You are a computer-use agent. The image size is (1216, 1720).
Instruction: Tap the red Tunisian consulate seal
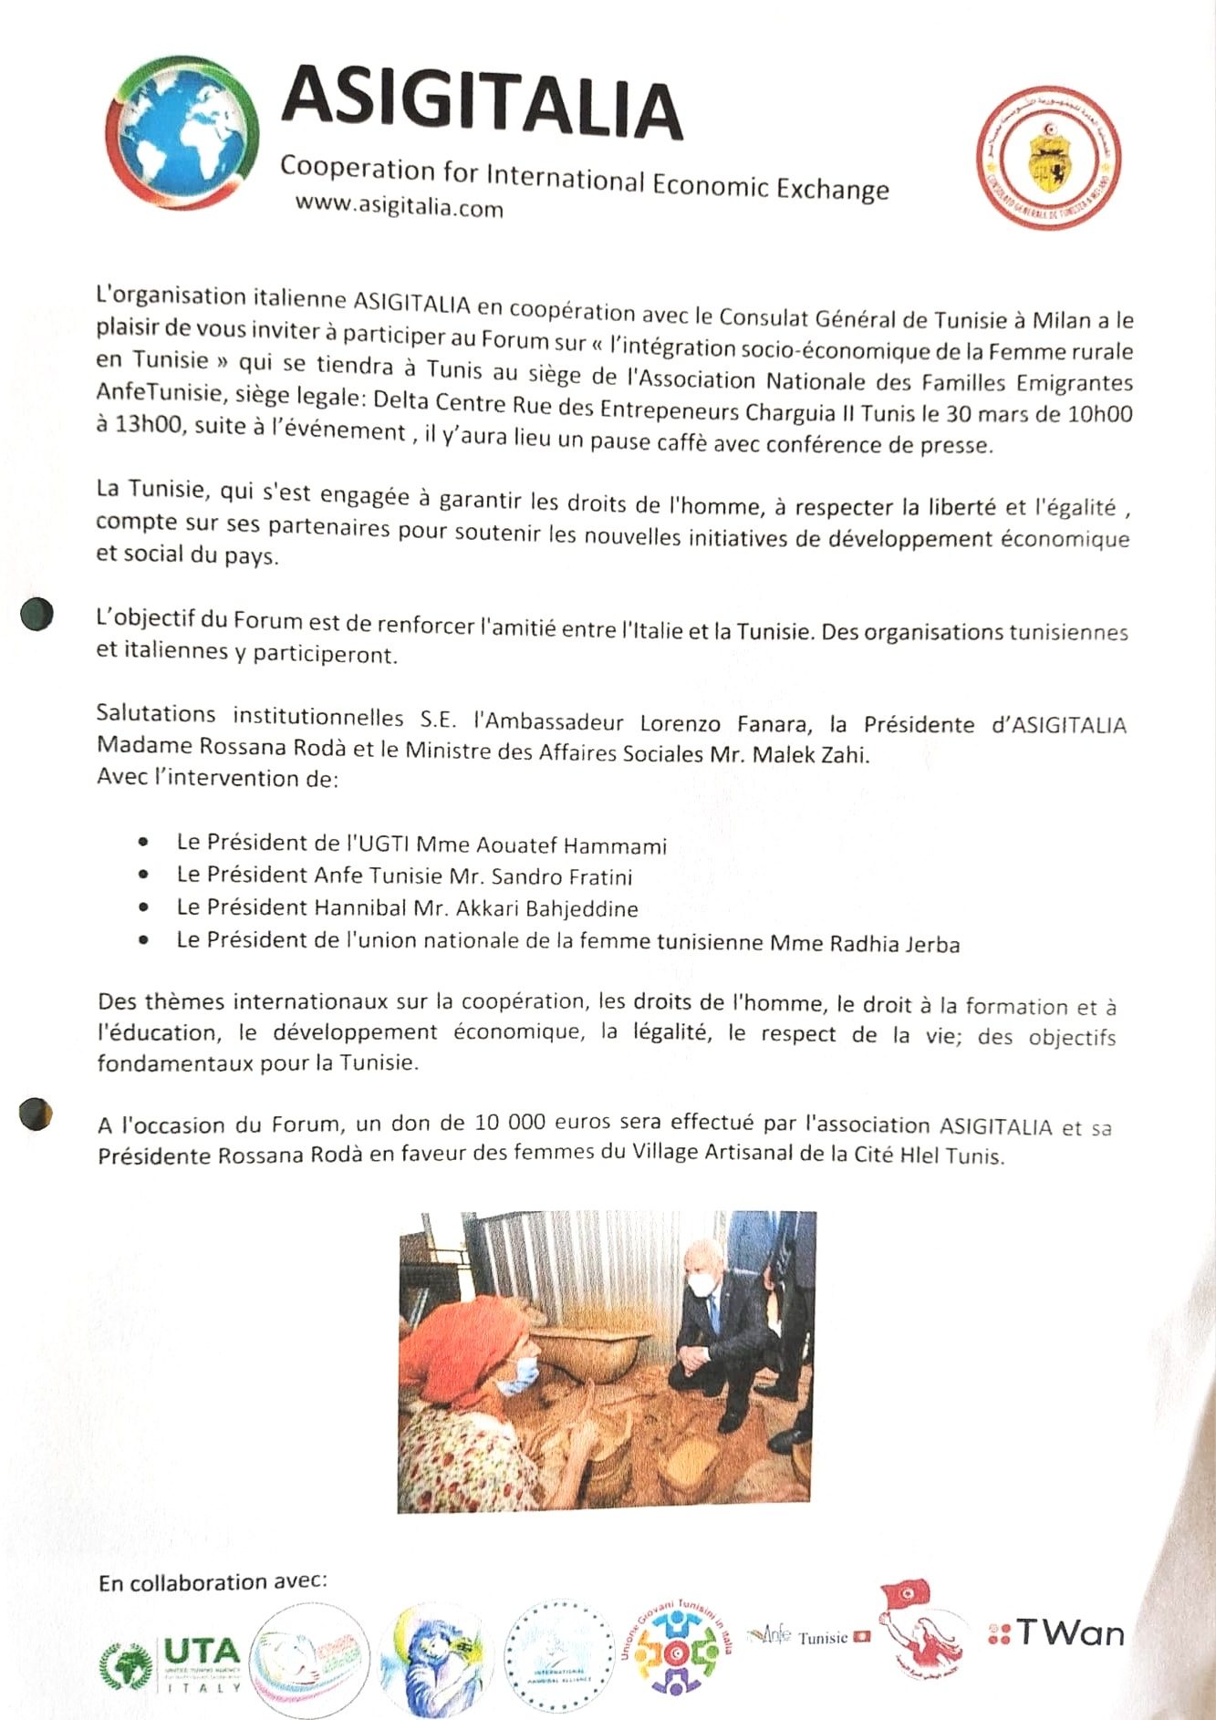pyautogui.click(x=1048, y=158)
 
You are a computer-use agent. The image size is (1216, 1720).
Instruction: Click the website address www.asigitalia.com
pyautogui.click(x=399, y=206)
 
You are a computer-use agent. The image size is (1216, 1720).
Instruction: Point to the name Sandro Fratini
pyautogui.click(x=561, y=877)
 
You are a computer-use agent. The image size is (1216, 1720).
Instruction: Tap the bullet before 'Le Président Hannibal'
pyautogui.click(x=143, y=907)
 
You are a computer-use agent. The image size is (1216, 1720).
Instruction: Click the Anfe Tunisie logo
pyautogui.click(x=807, y=1636)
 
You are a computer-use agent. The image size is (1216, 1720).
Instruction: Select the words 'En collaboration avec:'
pyautogui.click(x=213, y=1582)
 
